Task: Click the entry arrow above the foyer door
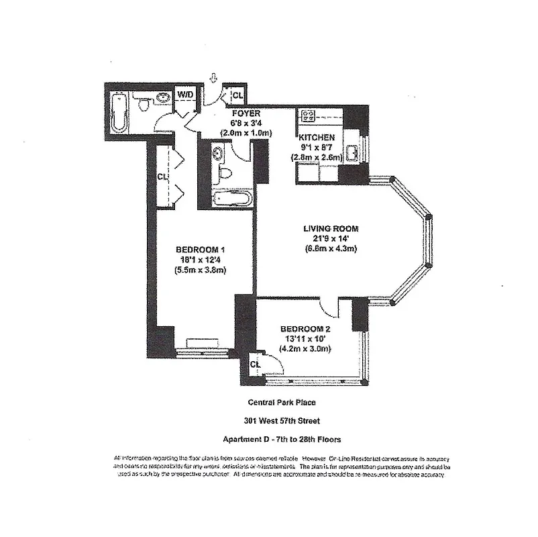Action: click(213, 79)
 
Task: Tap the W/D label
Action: click(184, 95)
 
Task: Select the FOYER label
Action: click(246, 113)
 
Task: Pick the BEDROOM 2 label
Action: click(305, 328)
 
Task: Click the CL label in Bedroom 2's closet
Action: click(254, 364)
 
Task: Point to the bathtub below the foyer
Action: click(232, 199)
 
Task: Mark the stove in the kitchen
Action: click(309, 115)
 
